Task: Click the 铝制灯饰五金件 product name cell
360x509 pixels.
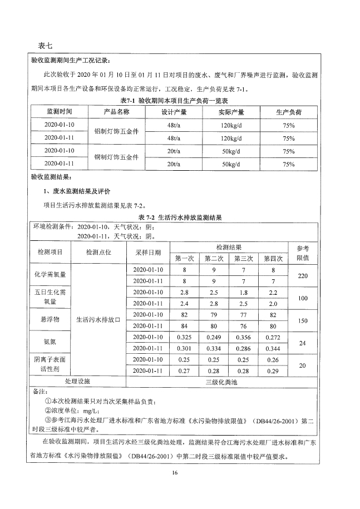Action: pos(116,131)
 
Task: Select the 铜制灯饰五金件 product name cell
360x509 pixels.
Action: pos(116,157)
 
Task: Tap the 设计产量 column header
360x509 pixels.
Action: pos(172,112)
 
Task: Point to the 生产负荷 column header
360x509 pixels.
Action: pos(288,112)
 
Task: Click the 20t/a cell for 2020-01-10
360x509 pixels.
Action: pos(172,151)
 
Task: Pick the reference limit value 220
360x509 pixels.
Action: pos(303,275)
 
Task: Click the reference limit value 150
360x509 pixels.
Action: pos(303,320)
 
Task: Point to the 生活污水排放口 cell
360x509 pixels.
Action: pos(98,320)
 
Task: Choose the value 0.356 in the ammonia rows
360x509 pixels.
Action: pos(243,337)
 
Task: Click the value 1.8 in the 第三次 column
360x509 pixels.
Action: pos(243,292)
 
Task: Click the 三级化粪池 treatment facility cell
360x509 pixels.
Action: pos(222,382)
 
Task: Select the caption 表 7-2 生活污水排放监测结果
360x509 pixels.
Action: pos(180,218)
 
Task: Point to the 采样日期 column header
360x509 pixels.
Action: pos(149,252)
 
